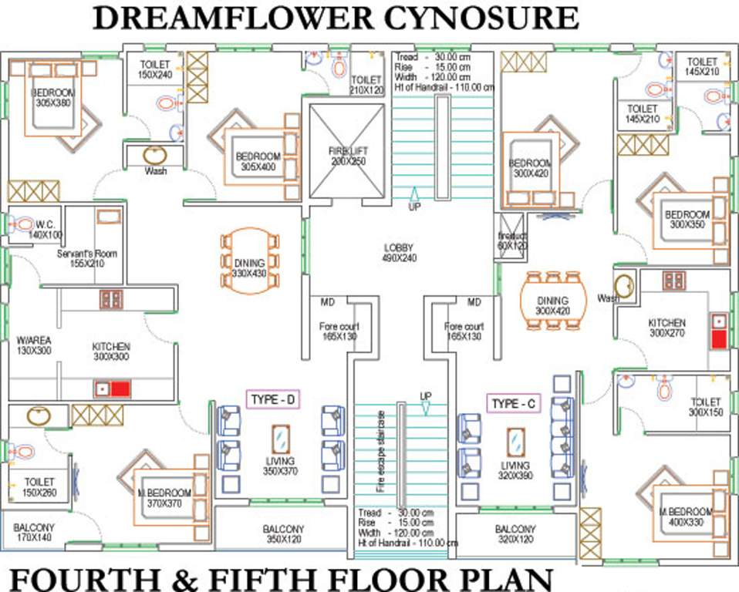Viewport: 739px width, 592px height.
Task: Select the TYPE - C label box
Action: [515, 404]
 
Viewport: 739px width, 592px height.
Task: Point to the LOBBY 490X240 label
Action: [398, 253]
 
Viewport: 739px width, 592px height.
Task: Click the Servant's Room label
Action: [80, 257]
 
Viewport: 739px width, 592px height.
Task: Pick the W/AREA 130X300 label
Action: [33, 345]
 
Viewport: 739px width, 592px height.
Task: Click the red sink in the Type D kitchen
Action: [119, 388]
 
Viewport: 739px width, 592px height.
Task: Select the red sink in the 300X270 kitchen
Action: [718, 338]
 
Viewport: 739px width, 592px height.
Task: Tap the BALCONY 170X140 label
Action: [32, 533]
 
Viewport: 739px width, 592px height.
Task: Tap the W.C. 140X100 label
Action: [46, 229]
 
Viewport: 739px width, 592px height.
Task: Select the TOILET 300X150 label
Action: [705, 407]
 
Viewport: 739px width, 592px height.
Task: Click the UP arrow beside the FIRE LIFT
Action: [413, 198]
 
